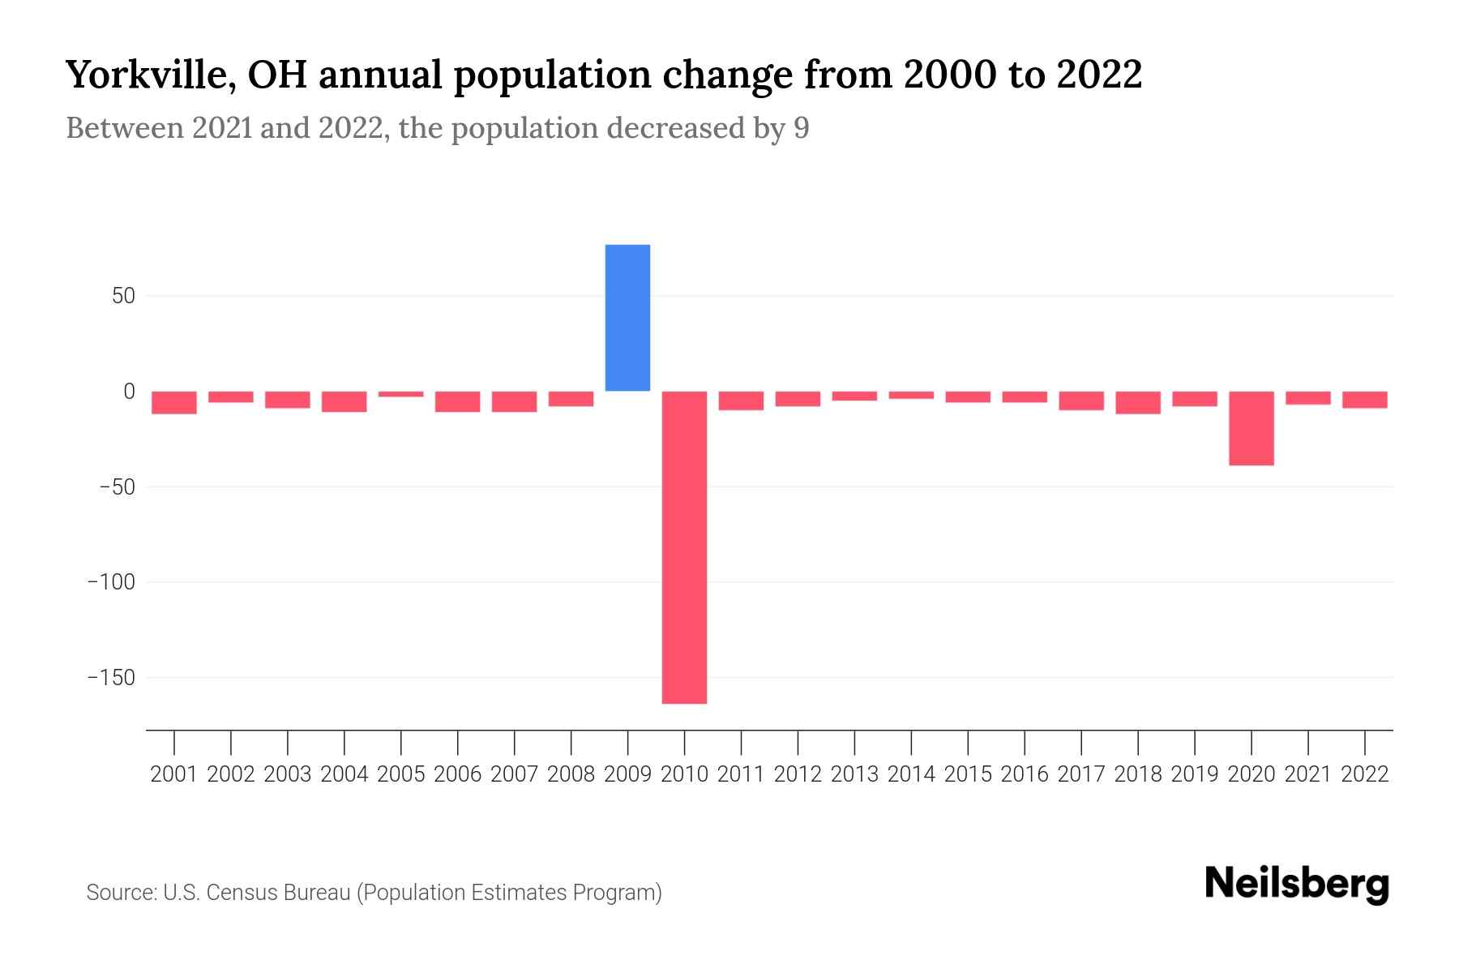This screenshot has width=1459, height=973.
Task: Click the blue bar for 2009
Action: click(x=627, y=318)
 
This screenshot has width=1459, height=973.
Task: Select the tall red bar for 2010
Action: click(x=684, y=547)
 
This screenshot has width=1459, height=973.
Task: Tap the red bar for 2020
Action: click(x=1251, y=428)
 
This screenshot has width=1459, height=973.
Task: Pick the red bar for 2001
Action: click(x=174, y=402)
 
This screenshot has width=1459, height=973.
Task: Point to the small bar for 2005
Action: click(x=401, y=394)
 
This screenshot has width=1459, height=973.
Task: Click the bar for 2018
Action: click(x=1137, y=402)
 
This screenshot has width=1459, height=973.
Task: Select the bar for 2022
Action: click(x=1364, y=400)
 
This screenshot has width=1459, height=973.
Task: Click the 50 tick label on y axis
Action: click(x=123, y=296)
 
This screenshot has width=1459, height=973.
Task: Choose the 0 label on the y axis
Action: click(x=129, y=392)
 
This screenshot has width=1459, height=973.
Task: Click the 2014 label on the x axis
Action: click(x=911, y=774)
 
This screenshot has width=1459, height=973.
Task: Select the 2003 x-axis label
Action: click(x=288, y=774)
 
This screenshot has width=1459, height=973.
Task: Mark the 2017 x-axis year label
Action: click(x=1080, y=774)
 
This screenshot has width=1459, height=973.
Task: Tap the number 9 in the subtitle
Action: click(x=801, y=128)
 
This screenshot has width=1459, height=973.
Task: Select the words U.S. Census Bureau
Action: click(x=256, y=893)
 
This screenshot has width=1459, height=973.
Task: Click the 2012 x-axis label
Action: click(x=798, y=774)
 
